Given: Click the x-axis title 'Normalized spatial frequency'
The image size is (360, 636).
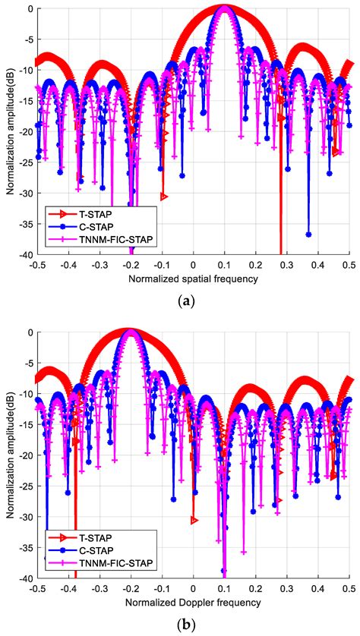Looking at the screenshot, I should point(193,278).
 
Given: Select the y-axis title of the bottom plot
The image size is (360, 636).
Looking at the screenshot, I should point(11,455).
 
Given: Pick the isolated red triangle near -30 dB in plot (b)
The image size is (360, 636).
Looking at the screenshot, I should point(194,520).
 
